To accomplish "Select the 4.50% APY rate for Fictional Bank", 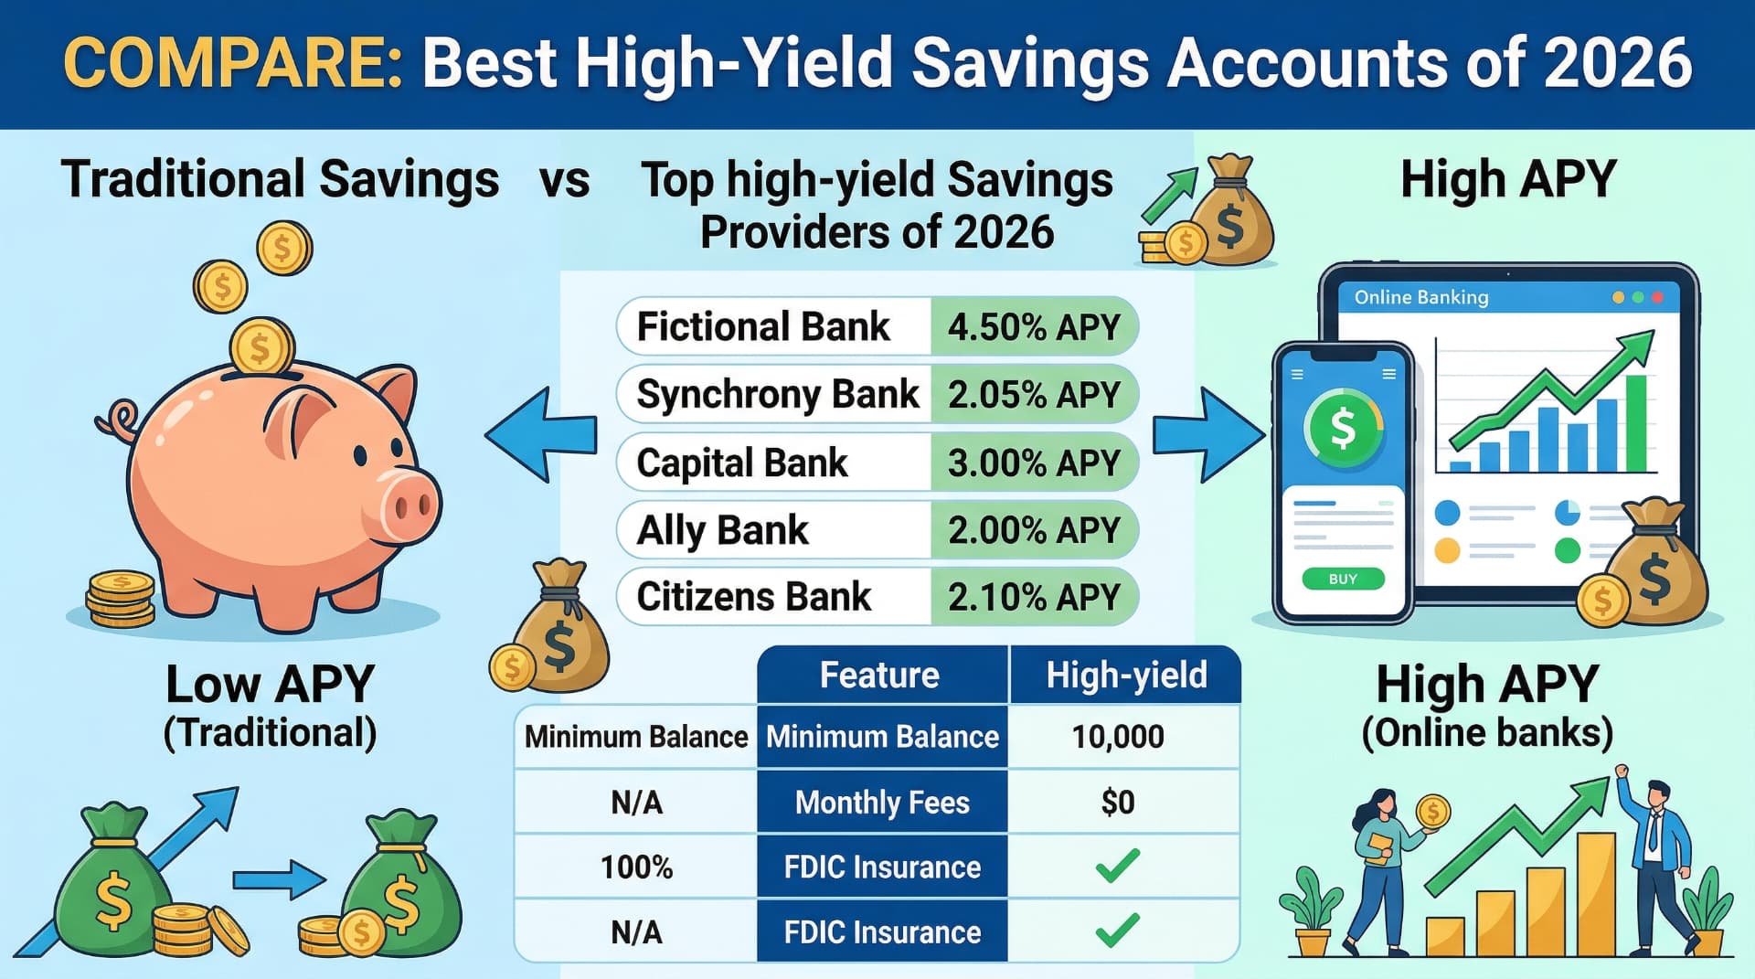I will [1033, 326].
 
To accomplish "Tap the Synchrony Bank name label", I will [777, 394].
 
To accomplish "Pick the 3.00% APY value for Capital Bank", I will [1033, 463].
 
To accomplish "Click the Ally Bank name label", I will [722, 530].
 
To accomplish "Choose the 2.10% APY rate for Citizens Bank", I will [1033, 597].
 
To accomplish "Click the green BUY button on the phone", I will [1343, 579].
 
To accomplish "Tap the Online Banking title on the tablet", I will [1421, 297].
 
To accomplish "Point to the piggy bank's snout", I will [409, 505].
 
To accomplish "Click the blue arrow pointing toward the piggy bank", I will [539, 434].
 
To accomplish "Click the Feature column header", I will [879, 675].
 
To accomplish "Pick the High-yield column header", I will [1126, 675].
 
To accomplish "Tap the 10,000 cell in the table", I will [1118, 737].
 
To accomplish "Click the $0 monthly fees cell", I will [1118, 803].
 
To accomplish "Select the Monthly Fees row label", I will [882, 803].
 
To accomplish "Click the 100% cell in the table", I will [636, 867].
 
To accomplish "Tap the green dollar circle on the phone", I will [1343, 427].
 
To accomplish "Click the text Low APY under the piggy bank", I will [270, 684].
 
